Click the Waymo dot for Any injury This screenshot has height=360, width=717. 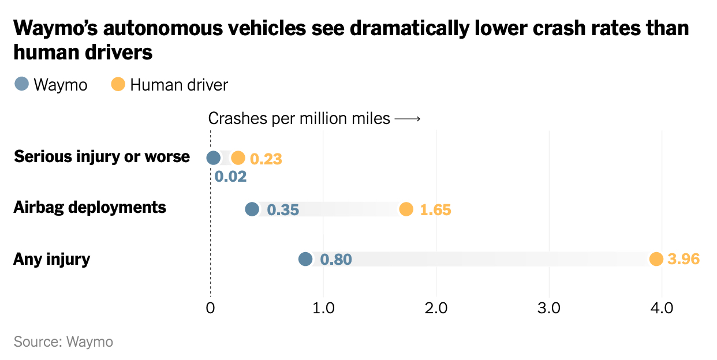coord(305,259)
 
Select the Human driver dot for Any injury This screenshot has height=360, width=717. coord(656,259)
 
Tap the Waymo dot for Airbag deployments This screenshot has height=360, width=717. coord(252,209)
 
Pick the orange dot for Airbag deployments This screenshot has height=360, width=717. coord(406,209)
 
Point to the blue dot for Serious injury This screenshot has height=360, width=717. coord(214,157)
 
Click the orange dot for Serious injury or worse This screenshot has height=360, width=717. coord(238,157)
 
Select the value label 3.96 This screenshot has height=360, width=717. coord(683,260)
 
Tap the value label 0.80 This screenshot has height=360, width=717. coord(335,260)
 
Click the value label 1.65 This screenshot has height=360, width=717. coord(435,209)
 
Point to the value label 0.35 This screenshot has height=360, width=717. coord(283,209)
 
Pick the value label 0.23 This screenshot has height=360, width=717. coord(266,159)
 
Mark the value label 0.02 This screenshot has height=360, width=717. coord(231,177)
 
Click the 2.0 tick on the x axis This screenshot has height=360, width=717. coord(436,308)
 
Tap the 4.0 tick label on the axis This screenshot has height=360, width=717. coord(662,308)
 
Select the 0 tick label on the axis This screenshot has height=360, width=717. coord(210,308)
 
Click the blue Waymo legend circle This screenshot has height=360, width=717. coord(21,84)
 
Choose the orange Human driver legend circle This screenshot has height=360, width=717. coord(118,84)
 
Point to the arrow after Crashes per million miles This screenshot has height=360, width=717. coord(408,119)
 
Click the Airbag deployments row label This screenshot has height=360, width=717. coord(90,207)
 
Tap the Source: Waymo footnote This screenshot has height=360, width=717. coord(64,342)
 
